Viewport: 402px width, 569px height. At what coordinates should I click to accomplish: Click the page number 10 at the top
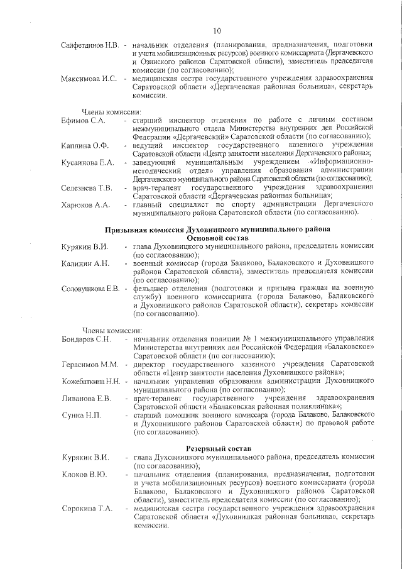point(217,30)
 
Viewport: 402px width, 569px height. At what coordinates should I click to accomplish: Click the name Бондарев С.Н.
point(86,340)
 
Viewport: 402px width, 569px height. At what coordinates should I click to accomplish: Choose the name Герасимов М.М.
point(90,365)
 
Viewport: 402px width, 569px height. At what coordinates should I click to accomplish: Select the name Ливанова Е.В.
point(86,398)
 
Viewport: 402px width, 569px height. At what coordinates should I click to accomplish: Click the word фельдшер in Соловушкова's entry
point(151,288)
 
